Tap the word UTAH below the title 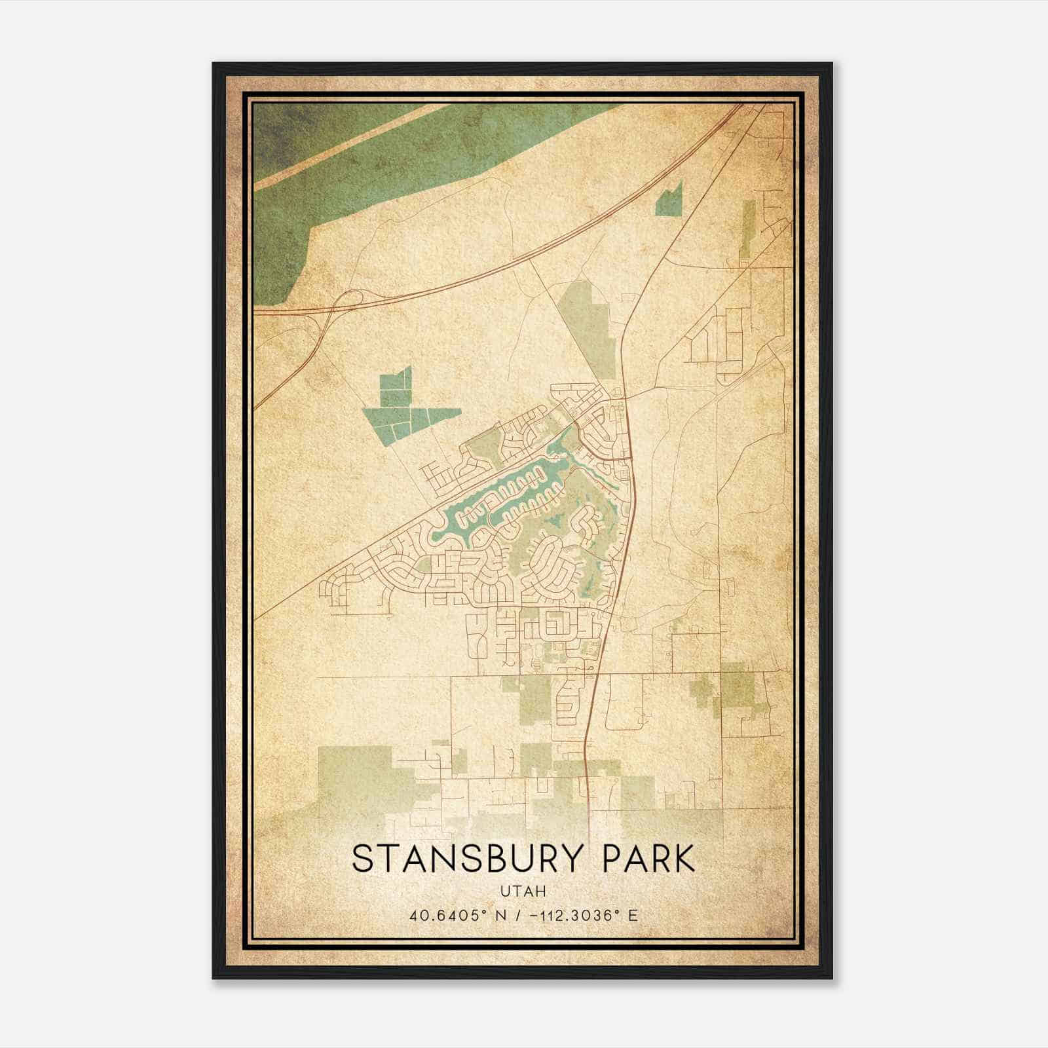tap(523, 891)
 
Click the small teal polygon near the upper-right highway tap(669, 200)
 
